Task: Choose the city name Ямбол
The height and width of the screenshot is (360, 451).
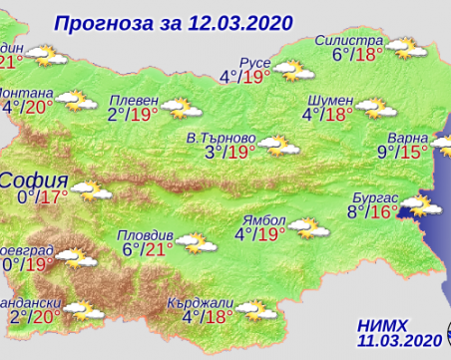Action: (x=262, y=218)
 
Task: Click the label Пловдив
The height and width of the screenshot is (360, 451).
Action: (x=145, y=235)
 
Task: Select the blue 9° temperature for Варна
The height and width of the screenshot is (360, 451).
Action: (x=384, y=152)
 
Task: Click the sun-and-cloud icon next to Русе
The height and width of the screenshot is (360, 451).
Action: (x=290, y=71)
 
